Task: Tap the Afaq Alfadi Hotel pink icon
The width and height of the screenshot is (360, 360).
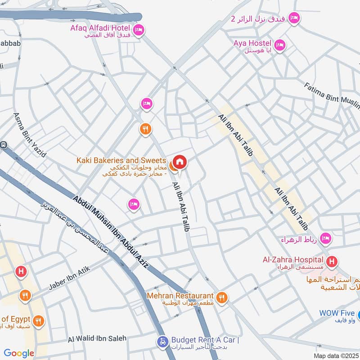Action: (139, 29)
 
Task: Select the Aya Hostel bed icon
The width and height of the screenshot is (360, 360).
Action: (279, 45)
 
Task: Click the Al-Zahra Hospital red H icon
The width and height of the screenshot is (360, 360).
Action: (332, 261)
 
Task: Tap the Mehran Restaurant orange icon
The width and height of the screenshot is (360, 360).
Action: (221, 297)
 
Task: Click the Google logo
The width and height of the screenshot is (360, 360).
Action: (19, 353)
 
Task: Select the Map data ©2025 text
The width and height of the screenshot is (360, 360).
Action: (335, 356)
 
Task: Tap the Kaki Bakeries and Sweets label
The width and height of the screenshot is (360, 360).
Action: (121, 161)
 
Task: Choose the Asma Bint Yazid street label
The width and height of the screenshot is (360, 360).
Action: (30, 135)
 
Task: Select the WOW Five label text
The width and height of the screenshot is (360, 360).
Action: (337, 313)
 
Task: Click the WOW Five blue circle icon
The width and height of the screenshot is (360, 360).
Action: (358, 313)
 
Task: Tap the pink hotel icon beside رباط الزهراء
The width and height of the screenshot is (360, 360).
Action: (325, 238)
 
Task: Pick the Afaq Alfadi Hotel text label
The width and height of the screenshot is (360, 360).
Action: (100, 28)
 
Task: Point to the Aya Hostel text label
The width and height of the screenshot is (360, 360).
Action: (252, 43)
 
